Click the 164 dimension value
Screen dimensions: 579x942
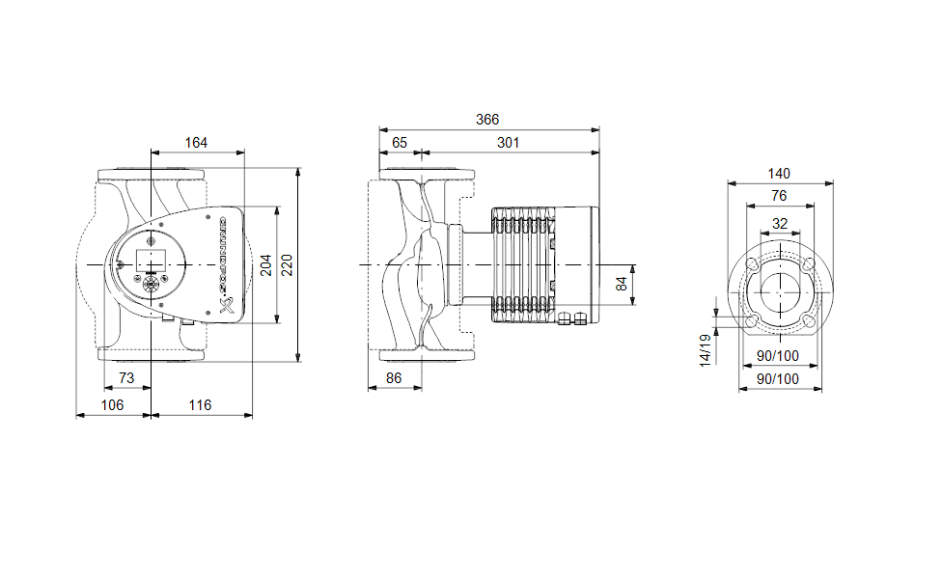(196, 143)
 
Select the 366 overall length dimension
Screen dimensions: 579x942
(488, 120)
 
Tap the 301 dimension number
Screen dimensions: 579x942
(508, 143)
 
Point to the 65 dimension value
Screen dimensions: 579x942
(398, 143)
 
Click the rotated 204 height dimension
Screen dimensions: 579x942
(265, 265)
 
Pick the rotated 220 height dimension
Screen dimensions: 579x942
(287, 265)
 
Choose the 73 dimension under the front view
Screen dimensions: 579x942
(125, 378)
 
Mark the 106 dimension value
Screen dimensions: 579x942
(113, 405)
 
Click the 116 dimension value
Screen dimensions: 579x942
(200, 405)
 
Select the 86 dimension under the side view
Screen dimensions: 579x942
(394, 378)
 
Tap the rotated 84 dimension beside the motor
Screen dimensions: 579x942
(623, 284)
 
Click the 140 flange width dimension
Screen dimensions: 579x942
(779, 174)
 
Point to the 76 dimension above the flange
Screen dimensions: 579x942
(779, 196)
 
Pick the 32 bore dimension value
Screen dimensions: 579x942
(779, 223)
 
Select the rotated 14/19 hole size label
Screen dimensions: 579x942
(706, 349)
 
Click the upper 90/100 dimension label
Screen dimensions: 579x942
(778, 357)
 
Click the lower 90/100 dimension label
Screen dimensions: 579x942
(778, 380)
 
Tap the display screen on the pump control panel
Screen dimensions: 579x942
(150, 260)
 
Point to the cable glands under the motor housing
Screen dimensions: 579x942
(574, 318)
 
